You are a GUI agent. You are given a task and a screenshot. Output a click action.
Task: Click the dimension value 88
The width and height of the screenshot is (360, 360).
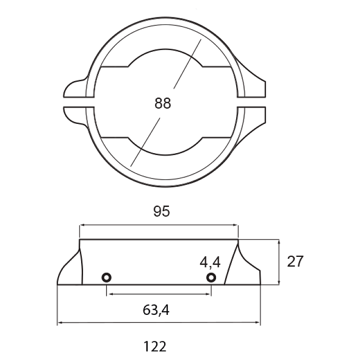(163, 103)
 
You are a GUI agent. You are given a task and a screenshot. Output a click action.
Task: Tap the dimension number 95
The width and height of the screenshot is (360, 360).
(162, 211)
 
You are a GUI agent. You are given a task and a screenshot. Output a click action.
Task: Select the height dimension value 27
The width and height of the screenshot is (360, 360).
(295, 261)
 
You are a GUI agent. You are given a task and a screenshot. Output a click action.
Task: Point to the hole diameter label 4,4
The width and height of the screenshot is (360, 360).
(210, 263)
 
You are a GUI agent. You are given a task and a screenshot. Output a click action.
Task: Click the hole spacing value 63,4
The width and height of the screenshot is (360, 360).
(156, 310)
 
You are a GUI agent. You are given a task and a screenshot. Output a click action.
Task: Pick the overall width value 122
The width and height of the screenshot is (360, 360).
(155, 347)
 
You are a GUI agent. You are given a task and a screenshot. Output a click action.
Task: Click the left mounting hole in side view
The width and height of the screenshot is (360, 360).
(107, 277)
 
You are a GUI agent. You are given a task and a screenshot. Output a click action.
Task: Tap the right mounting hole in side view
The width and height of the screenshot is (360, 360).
(211, 277)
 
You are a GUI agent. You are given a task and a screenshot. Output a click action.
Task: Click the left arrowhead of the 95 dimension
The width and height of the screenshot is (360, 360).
(82, 225)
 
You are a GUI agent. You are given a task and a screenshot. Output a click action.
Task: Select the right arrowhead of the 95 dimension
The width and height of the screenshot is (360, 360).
(236, 225)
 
